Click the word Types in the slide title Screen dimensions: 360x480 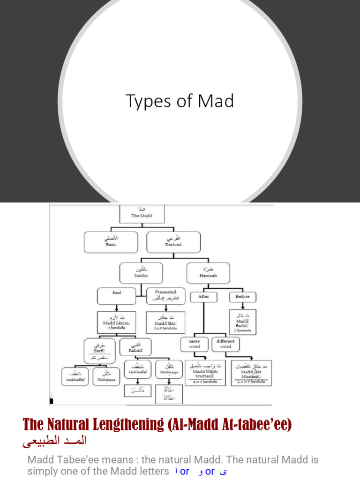142,101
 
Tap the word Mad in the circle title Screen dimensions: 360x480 215,101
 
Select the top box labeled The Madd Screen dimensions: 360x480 142,213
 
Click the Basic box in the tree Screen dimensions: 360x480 111,242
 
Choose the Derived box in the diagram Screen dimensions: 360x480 173,242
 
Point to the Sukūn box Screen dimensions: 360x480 141,272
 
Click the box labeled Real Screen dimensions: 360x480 117,296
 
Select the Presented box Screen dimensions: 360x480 166,296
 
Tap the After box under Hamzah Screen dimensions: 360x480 203,297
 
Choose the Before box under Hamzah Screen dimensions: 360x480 242,297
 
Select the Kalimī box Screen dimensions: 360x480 135,347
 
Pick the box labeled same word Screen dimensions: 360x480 195,344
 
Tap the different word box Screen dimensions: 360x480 225,344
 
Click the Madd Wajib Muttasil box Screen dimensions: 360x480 206,373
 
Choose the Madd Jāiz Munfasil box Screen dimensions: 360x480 251,373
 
